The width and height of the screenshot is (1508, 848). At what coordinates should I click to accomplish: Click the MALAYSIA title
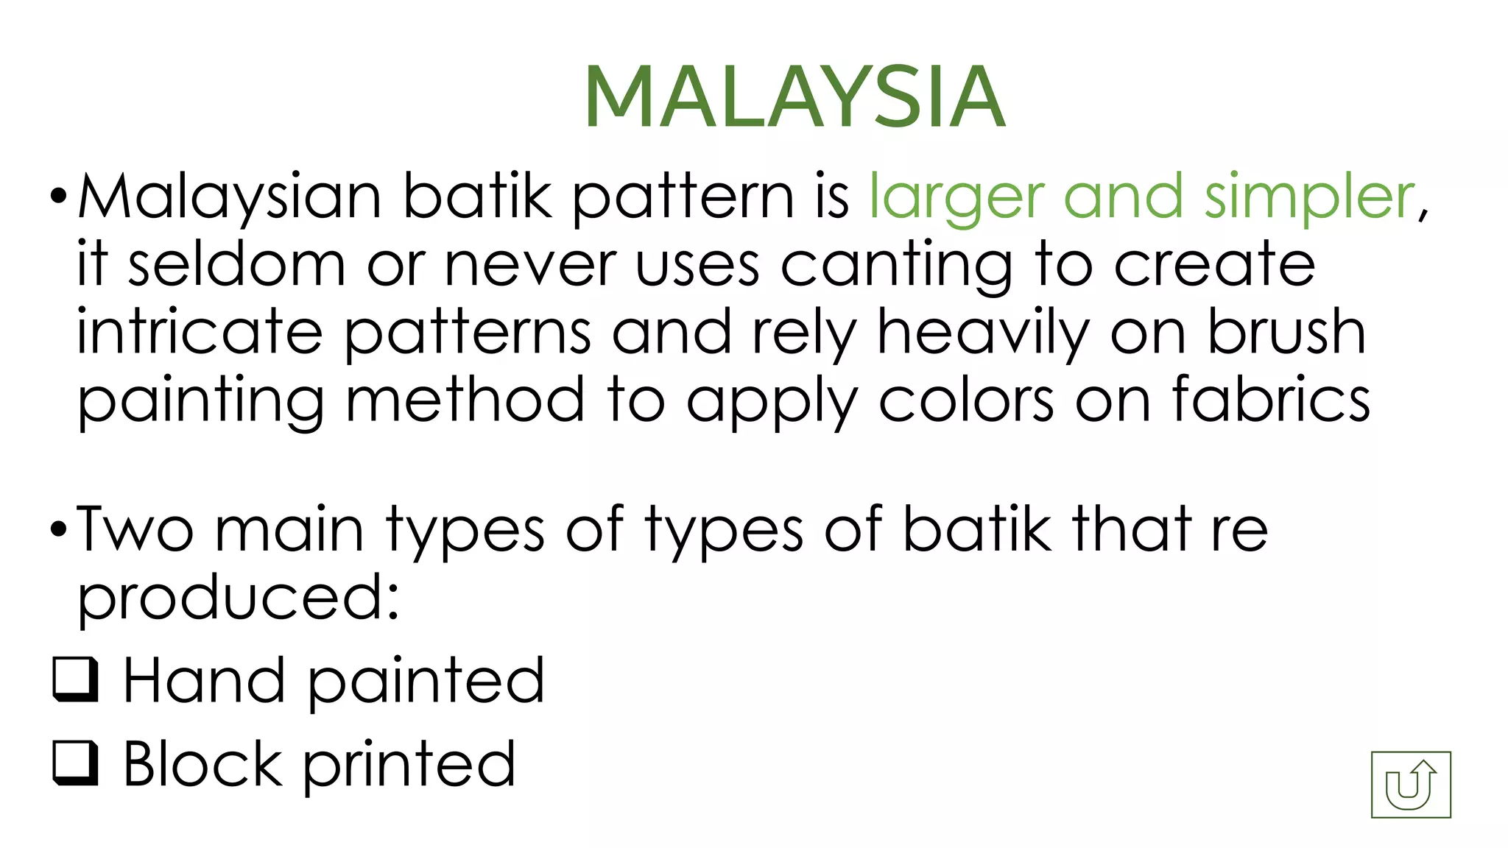pyautogui.click(x=795, y=98)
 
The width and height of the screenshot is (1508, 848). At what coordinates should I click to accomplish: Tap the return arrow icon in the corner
pyautogui.click(x=1411, y=785)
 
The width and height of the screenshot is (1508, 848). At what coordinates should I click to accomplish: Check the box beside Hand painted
pyautogui.click(x=76, y=679)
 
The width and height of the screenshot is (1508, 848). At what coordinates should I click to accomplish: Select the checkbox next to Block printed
pyautogui.click(x=76, y=763)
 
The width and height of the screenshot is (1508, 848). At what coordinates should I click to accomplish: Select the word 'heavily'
pyautogui.click(x=983, y=333)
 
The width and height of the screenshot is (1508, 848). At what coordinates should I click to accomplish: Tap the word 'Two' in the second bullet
pyautogui.click(x=135, y=529)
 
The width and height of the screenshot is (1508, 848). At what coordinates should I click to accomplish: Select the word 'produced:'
pyautogui.click(x=239, y=598)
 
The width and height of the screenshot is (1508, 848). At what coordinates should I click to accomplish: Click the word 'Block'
pyautogui.click(x=202, y=764)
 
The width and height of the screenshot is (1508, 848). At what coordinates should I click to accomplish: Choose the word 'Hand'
pyautogui.click(x=204, y=681)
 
